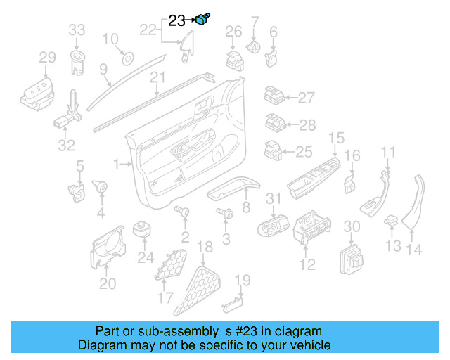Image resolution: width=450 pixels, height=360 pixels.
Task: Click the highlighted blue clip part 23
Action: click(205, 20)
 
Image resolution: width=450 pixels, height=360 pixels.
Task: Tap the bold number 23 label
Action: click(177, 21)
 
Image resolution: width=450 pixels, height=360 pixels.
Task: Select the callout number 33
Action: click(77, 30)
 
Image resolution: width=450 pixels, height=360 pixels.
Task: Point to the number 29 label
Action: click(46, 57)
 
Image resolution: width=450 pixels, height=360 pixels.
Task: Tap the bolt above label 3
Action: click(226, 212)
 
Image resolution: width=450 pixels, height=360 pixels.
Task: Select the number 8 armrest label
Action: click(246, 207)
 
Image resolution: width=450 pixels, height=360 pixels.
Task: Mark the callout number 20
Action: click(108, 283)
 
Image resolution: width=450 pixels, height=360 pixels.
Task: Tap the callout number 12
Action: click(307, 264)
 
